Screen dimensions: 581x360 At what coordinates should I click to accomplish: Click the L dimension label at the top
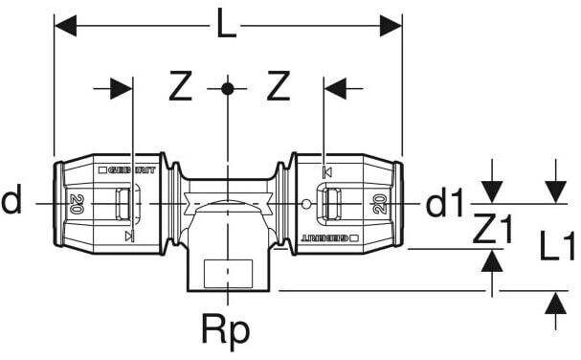[x=226, y=25]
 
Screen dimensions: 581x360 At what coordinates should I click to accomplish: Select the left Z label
[x=181, y=86]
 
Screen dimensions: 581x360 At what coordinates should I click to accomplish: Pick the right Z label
[x=279, y=86]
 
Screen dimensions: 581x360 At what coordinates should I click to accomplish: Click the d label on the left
[x=11, y=200]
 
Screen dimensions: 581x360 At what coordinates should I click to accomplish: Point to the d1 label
[x=444, y=203]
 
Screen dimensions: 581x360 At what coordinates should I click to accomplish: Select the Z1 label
[x=493, y=230]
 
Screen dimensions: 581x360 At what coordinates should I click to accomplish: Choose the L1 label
[x=557, y=245]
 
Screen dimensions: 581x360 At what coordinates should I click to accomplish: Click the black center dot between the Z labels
[x=228, y=89]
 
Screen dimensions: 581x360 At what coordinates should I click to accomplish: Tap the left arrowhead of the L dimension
[x=65, y=26]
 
